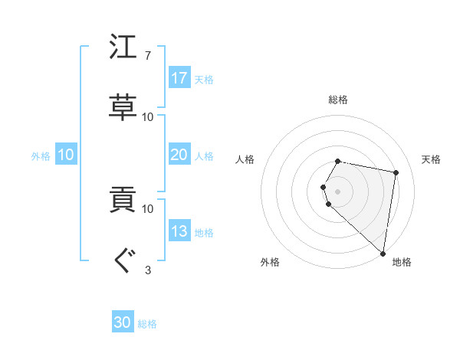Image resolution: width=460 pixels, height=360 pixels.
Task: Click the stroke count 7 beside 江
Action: coord(147,56)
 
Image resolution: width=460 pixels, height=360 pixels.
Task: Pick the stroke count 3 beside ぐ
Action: coord(147,270)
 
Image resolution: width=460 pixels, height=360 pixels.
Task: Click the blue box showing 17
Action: coord(179,78)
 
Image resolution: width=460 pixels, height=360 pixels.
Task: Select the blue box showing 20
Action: coord(179,155)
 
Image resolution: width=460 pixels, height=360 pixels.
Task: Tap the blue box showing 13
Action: coord(179,231)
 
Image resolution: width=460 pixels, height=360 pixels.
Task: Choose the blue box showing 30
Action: coord(123,323)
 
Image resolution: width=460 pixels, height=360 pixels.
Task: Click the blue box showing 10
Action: coord(66,155)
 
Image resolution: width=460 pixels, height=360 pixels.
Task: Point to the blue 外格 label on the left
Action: coord(41,155)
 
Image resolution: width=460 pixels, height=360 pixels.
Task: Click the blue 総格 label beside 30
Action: coord(147,324)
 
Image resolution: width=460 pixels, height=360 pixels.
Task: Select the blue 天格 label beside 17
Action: coord(204,79)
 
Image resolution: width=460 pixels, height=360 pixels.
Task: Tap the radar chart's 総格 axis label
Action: coord(338,100)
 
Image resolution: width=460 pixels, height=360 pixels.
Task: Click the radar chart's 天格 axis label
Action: coord(432,159)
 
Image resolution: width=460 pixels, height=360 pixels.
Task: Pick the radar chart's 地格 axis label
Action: coord(402,262)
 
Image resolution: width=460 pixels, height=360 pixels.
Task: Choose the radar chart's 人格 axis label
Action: coord(245,159)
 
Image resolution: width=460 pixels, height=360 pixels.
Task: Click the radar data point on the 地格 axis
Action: coord(383,253)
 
